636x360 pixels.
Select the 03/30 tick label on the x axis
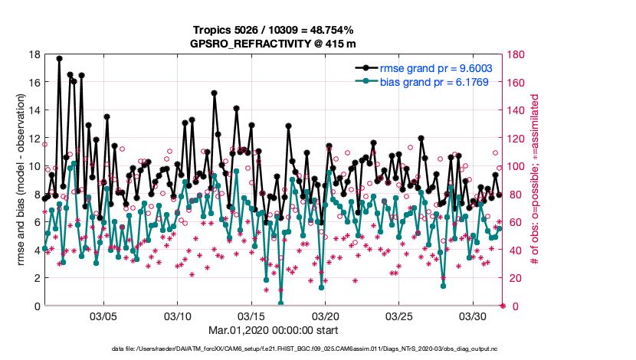[x=474, y=316]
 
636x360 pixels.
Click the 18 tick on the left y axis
[x=35, y=54]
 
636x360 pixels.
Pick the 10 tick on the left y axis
[x=35, y=166]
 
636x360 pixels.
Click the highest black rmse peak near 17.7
[x=60, y=58]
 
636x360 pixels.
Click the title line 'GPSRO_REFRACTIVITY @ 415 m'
[x=272, y=44]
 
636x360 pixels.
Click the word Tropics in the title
[x=211, y=30]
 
